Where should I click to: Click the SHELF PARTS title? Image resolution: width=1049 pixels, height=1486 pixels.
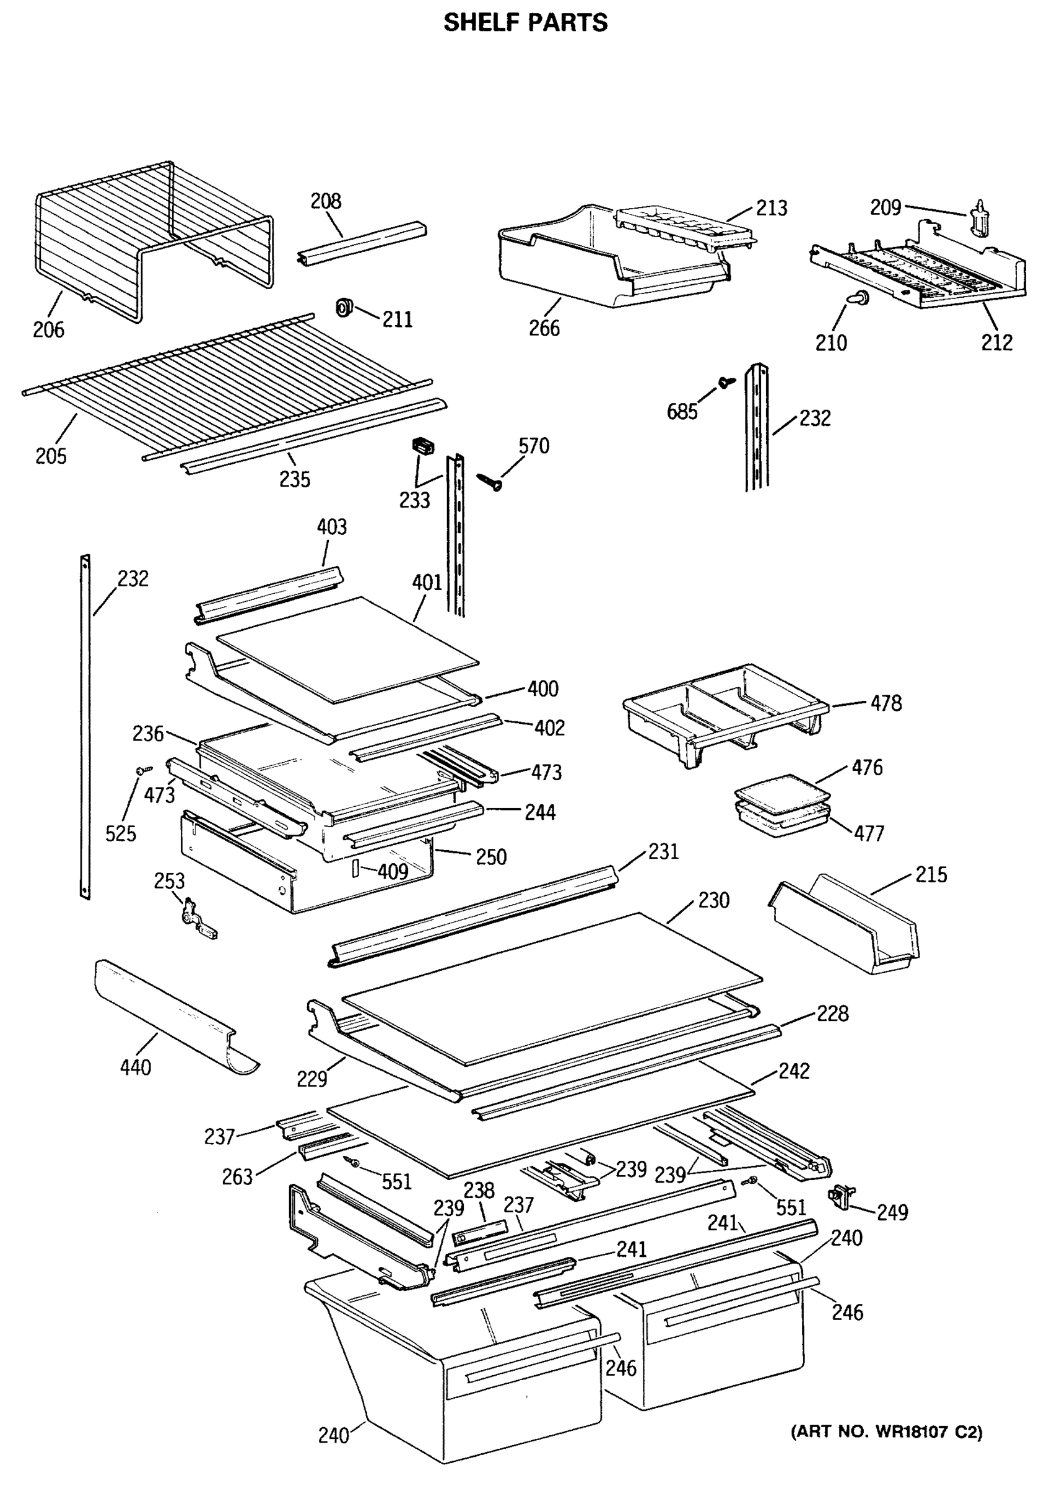[x=525, y=24]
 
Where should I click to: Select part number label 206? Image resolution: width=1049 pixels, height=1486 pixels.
[x=48, y=329]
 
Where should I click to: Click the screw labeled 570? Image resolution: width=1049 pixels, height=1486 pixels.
[x=490, y=482]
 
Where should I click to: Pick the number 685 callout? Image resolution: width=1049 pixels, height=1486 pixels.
[x=682, y=412]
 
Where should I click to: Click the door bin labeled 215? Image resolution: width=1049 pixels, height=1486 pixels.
[x=845, y=924]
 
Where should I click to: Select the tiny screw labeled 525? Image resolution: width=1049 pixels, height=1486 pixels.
[x=143, y=770]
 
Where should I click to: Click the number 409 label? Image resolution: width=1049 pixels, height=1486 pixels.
[x=393, y=872]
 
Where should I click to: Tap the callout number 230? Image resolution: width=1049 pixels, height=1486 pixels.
[x=714, y=900]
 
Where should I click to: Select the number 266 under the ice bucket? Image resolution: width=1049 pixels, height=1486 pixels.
[x=544, y=328]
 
